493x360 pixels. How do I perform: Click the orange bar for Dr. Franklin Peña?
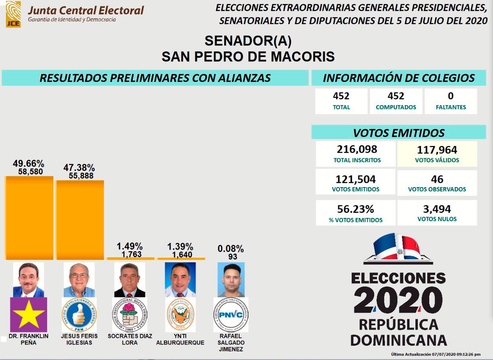[x=29, y=218]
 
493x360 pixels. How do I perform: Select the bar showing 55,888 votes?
[x=80, y=220]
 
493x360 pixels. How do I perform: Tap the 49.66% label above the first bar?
[x=29, y=163]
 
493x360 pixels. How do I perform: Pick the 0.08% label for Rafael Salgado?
[x=230, y=249]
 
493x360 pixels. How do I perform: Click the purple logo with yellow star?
[x=29, y=315]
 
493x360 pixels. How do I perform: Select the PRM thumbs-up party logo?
[x=79, y=315]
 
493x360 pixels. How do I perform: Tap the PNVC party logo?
[x=231, y=315]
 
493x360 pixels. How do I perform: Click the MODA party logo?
[x=180, y=315]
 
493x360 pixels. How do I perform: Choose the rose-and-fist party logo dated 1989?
[x=129, y=315]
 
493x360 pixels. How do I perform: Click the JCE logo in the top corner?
[x=13, y=14]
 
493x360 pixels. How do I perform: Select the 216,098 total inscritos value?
[x=357, y=150]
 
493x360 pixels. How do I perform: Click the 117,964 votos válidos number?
[x=437, y=150]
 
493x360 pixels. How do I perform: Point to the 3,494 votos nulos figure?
[x=437, y=209]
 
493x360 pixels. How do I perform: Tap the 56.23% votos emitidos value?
[x=355, y=209]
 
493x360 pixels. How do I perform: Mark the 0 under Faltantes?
[x=451, y=96]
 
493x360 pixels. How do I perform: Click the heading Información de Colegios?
[x=398, y=78]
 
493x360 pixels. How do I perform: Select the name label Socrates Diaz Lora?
[x=129, y=339]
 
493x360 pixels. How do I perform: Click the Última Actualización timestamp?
[x=436, y=354]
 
